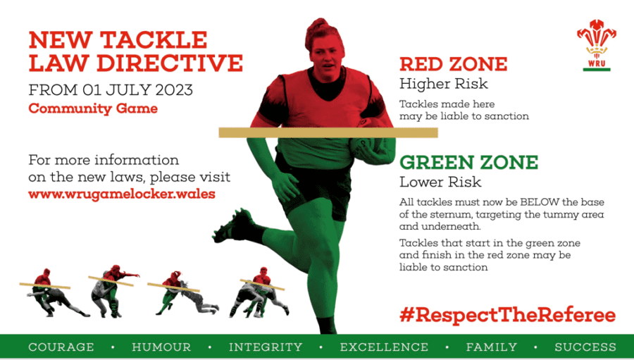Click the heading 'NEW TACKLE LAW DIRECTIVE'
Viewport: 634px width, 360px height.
pyautogui.click(x=135, y=51)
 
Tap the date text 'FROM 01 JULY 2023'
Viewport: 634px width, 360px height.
pyautogui.click(x=111, y=90)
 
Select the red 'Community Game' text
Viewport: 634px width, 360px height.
pyautogui.click(x=93, y=108)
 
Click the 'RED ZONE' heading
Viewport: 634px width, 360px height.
pyautogui.click(x=453, y=64)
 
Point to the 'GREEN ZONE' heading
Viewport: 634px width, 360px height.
pyautogui.click(x=468, y=163)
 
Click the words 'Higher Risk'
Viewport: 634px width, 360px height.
pyautogui.click(x=443, y=85)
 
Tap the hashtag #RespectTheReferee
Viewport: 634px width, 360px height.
pyautogui.click(x=507, y=315)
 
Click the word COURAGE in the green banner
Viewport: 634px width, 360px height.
pyautogui.click(x=61, y=347)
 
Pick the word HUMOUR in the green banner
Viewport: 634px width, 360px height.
pyautogui.click(x=161, y=347)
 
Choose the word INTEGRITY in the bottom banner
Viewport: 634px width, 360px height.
pyautogui.click(x=266, y=347)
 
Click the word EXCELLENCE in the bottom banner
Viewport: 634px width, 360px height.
pyautogui.click(x=384, y=347)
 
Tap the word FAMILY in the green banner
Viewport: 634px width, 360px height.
pyautogui.click(x=492, y=347)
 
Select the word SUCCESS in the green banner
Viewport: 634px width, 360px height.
pyautogui.click(x=585, y=347)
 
